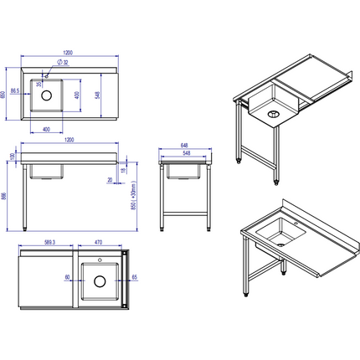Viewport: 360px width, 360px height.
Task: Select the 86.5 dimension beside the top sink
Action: click(x=15, y=90)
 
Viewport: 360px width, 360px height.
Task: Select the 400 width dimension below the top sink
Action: click(x=47, y=129)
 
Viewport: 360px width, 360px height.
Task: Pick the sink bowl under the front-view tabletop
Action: click(x=47, y=172)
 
